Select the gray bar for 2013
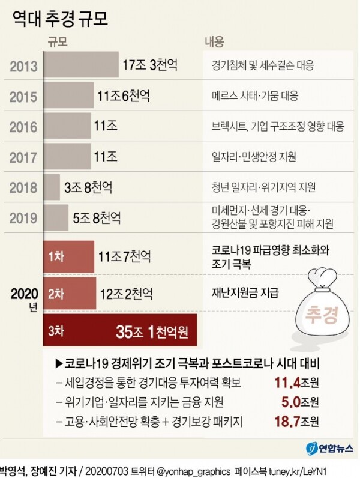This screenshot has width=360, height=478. click(82, 64)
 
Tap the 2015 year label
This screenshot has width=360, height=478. click(23, 96)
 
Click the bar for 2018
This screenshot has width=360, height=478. click(52, 187)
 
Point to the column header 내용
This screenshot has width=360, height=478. click(214, 42)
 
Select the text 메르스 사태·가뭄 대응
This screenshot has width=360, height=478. click(254, 96)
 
